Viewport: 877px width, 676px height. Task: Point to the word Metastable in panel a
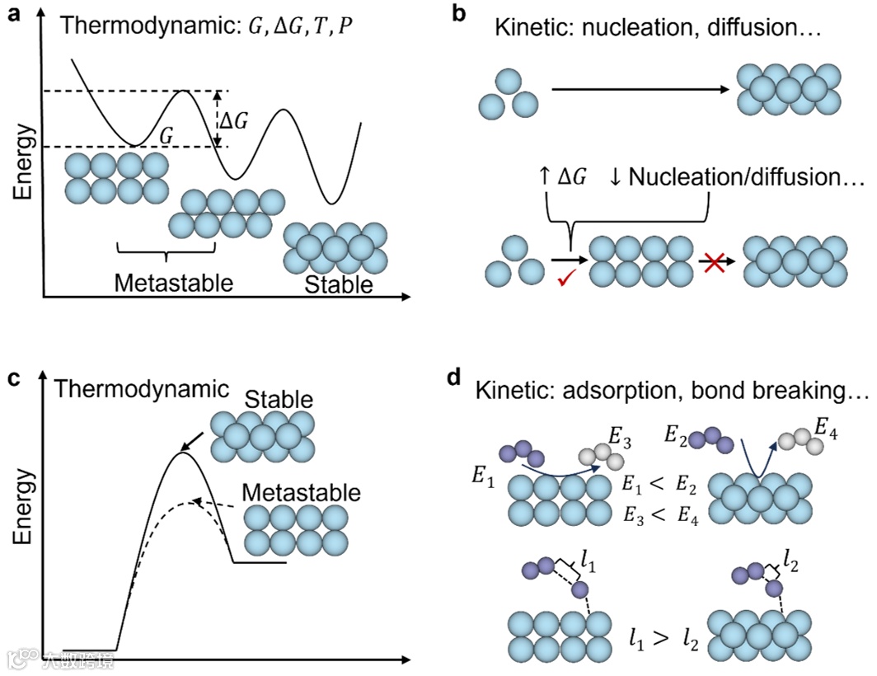pos(174,283)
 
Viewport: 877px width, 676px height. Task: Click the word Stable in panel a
pos(339,285)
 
